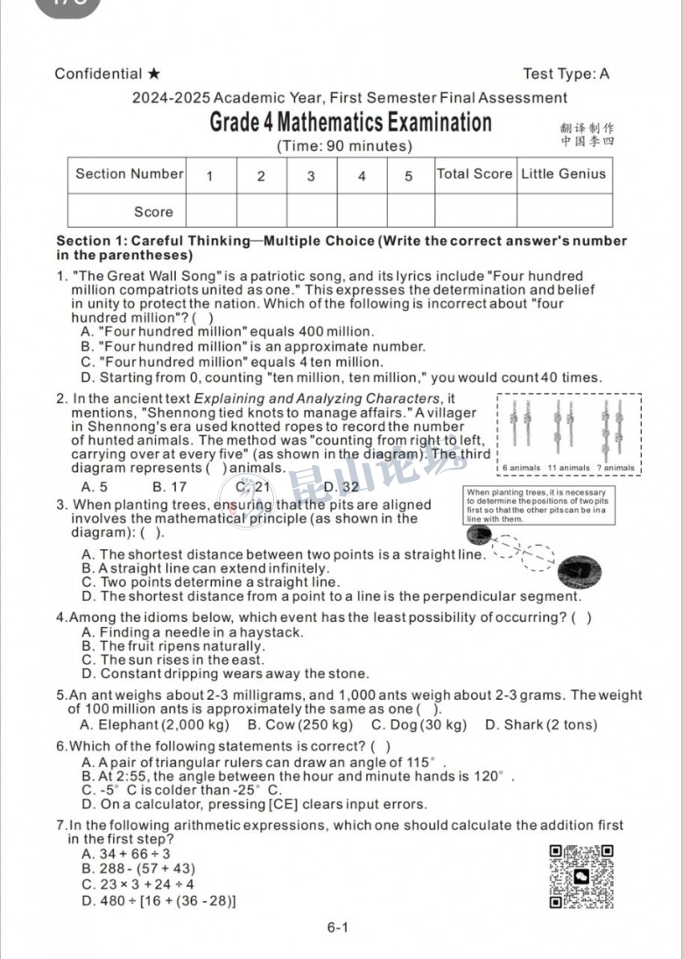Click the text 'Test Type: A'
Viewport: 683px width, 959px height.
click(x=566, y=74)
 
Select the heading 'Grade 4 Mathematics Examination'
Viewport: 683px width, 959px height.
click(x=350, y=122)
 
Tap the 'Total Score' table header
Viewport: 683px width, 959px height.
click(x=475, y=173)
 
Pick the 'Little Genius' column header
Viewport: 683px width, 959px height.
click(x=563, y=173)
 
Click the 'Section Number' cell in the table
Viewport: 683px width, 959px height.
click(x=129, y=173)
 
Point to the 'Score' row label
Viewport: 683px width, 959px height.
click(x=153, y=211)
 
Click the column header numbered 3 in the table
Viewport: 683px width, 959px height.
click(x=311, y=176)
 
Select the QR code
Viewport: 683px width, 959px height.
click(x=581, y=876)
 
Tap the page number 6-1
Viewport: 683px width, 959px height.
click(x=338, y=927)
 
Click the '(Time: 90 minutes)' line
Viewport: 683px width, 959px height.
click(x=343, y=146)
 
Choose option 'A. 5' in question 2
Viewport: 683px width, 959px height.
click(x=95, y=487)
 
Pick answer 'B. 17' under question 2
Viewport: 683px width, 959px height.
click(x=169, y=487)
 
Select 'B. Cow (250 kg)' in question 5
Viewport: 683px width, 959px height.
click(x=300, y=724)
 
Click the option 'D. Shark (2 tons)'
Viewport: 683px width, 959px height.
click(x=540, y=724)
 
